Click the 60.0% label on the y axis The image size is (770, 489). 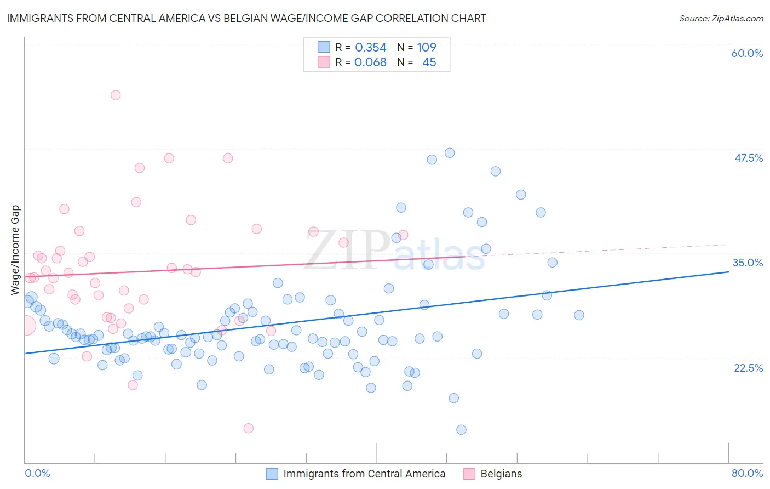(x=747, y=53)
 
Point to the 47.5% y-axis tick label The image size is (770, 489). (x=748, y=158)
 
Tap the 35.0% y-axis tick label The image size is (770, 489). (x=748, y=263)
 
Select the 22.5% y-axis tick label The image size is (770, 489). (x=748, y=368)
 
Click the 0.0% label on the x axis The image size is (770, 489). (x=37, y=473)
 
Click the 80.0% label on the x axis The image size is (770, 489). (x=747, y=473)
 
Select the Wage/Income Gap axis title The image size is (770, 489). (x=15, y=250)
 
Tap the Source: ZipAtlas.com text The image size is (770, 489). (x=721, y=18)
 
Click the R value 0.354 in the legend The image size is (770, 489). (x=370, y=48)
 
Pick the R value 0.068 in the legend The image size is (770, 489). (x=370, y=62)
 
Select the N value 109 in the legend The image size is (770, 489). (x=426, y=48)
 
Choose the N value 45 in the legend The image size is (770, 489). (x=429, y=62)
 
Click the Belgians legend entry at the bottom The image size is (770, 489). (x=501, y=474)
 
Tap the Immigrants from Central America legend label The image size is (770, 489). (x=364, y=474)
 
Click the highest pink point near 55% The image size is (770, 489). (x=116, y=95)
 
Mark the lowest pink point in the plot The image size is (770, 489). (x=248, y=428)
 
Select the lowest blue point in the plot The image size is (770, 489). (x=461, y=429)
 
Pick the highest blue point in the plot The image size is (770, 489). (x=450, y=153)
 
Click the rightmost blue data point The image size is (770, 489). (x=579, y=315)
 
